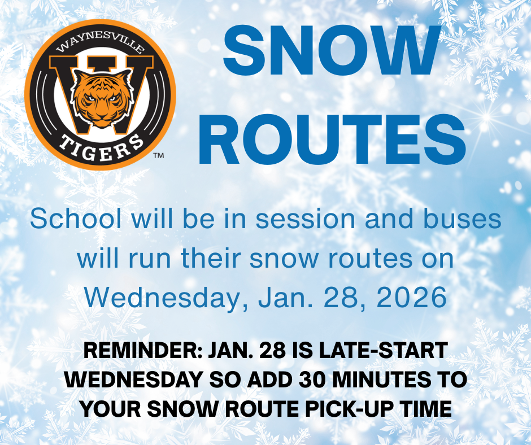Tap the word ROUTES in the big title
pos(332,139)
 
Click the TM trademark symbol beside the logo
pos(158,155)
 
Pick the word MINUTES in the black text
pos(385,379)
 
